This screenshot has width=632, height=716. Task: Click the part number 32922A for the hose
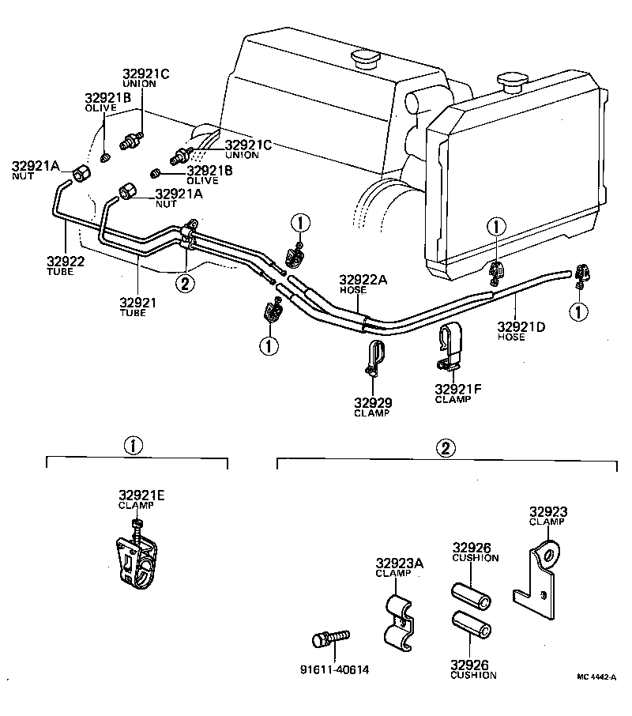pos(364,279)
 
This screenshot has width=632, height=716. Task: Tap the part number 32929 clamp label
pos(374,402)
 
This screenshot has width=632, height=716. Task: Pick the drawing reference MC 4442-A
pos(596,677)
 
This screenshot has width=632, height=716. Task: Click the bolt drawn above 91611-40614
pos(331,637)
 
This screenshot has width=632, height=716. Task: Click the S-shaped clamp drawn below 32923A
pos(400,621)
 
